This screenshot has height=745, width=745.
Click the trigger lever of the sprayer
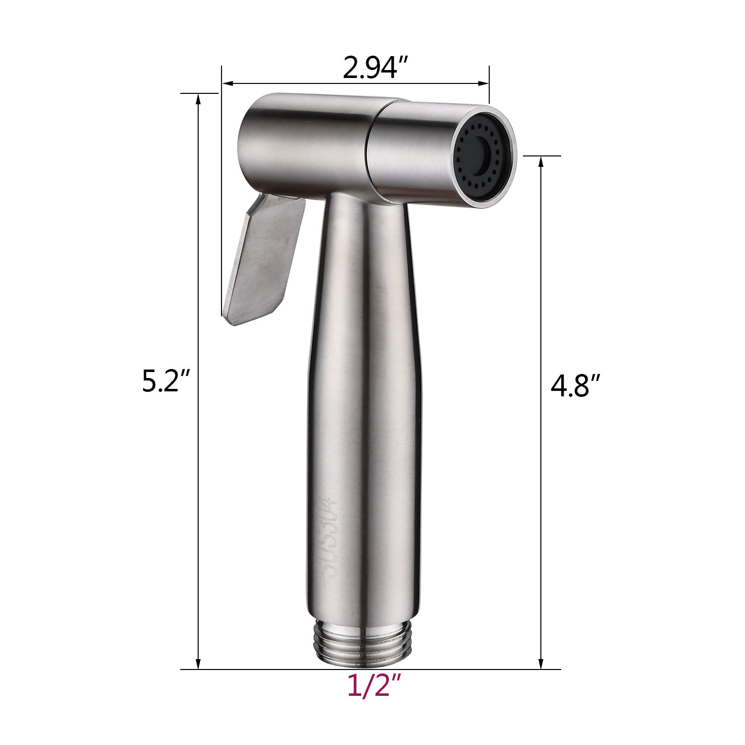(x=263, y=258)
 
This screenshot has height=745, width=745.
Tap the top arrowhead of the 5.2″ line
(x=199, y=98)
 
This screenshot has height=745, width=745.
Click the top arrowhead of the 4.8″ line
(x=541, y=161)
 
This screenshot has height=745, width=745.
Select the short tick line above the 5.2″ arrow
(x=199, y=93)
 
